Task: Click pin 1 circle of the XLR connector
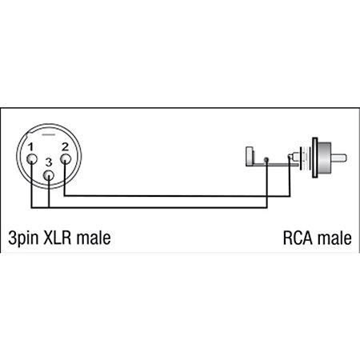tap(32, 159)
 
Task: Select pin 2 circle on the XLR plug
tap(66, 159)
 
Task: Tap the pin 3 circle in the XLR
tap(49, 176)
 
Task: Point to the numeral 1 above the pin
tap(30, 147)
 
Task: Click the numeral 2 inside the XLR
tap(65, 147)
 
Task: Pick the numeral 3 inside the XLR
tap(49, 162)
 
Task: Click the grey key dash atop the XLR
tap(49, 134)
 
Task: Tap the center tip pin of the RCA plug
tap(338, 158)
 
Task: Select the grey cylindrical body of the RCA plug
tap(325, 158)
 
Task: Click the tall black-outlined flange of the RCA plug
tap(315, 158)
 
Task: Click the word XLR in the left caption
tap(58, 238)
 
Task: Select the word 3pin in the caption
tap(23, 238)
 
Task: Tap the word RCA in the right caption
tap(298, 238)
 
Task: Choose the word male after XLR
tap(94, 238)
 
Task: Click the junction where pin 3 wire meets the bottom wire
tap(49, 207)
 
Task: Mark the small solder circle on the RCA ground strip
tap(266, 160)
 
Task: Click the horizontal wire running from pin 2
tap(177, 196)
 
